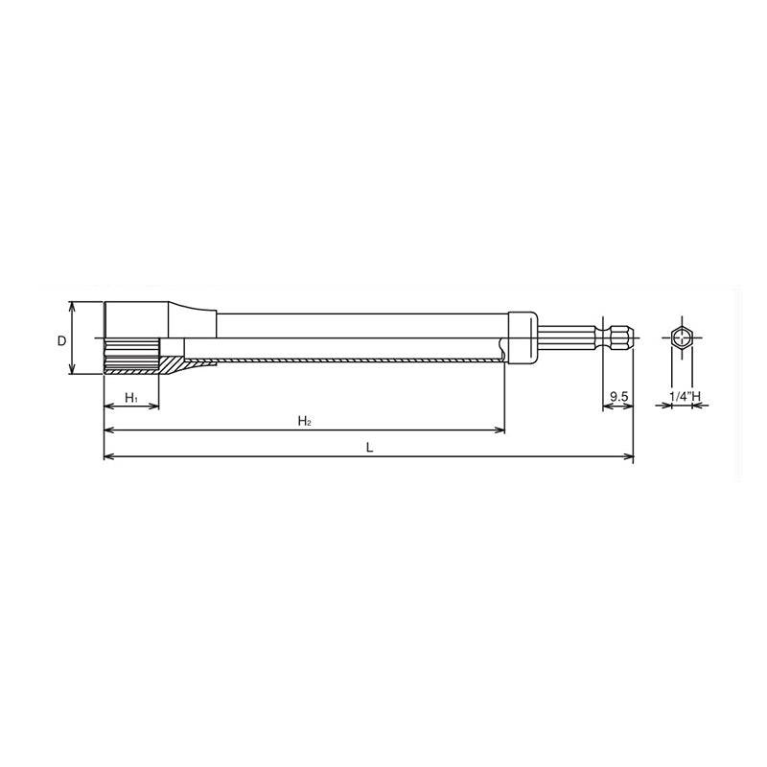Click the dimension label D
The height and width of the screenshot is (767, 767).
click(60, 340)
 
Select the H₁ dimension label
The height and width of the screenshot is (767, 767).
click(132, 397)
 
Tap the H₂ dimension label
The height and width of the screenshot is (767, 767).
click(303, 420)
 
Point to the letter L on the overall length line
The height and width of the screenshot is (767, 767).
click(369, 447)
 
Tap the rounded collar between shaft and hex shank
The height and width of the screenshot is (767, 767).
click(521, 338)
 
